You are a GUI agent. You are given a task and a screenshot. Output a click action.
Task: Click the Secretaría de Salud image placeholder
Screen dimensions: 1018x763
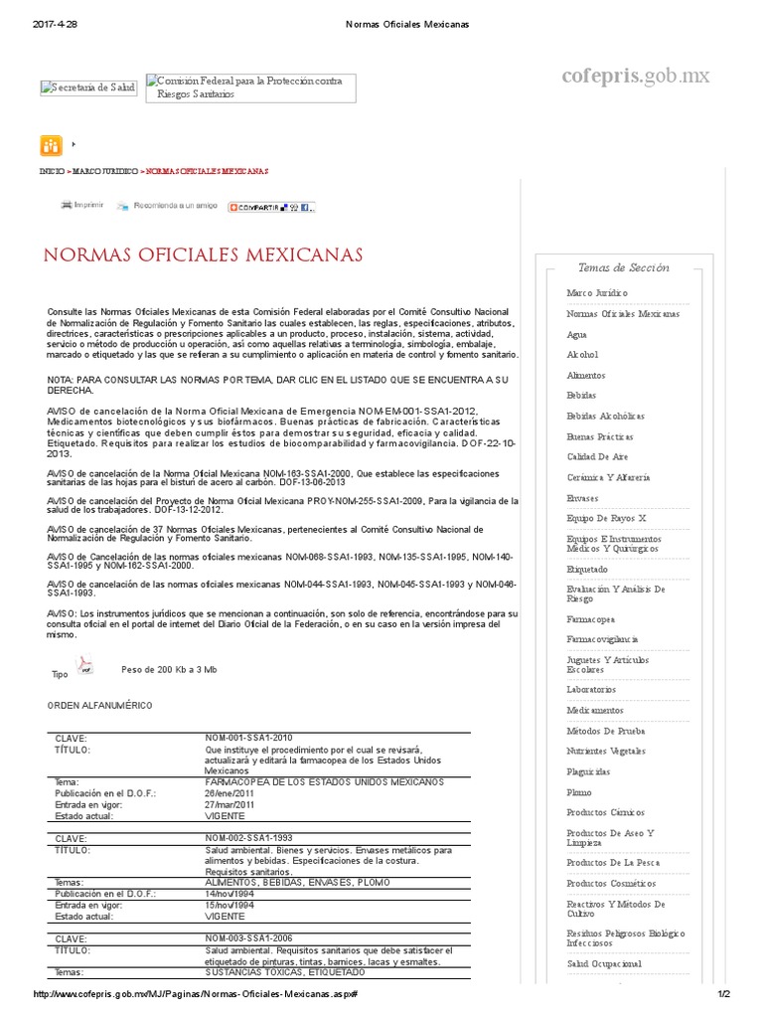pos(88,87)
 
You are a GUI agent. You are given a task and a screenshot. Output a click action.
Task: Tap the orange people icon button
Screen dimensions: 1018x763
pos(51,145)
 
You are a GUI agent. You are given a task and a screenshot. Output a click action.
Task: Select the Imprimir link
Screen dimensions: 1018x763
pos(81,205)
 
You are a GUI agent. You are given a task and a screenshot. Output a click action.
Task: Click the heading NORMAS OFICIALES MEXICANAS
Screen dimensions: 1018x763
pos(203,255)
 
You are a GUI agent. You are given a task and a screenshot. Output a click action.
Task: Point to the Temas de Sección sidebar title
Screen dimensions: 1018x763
pos(623,267)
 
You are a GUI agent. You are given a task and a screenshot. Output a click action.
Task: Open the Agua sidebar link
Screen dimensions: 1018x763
pos(576,334)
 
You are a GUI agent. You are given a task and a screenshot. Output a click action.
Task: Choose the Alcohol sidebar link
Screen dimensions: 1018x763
pos(582,354)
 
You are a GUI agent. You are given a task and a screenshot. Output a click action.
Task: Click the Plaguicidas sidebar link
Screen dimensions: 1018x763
pos(588,771)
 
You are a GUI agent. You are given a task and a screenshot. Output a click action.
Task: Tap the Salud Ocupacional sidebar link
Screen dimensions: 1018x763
pos(603,963)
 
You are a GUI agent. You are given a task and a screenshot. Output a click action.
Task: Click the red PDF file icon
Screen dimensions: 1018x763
pos(86,666)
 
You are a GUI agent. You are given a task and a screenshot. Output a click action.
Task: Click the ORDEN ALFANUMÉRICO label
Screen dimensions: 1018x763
pos(100,705)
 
